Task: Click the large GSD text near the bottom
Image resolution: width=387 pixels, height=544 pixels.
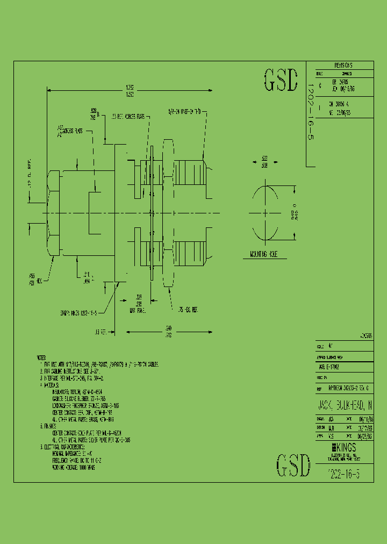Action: click(x=293, y=466)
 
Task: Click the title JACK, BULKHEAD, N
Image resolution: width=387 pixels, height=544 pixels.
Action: click(x=342, y=404)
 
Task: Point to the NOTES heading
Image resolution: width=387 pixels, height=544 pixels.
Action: click(x=42, y=357)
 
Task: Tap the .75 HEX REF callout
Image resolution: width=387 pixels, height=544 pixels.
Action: click(x=188, y=310)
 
